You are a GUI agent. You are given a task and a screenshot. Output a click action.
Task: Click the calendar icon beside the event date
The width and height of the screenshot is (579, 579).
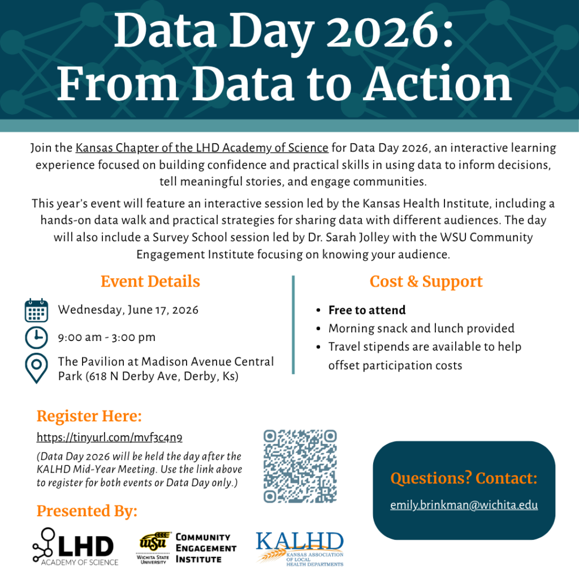(37, 310)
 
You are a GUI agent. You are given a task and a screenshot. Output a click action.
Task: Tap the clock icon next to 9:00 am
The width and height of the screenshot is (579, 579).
(37, 338)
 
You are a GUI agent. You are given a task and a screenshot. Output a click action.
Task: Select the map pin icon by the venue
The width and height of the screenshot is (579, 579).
(37, 368)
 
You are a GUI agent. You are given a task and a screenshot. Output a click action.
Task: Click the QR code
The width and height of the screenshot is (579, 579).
(300, 466)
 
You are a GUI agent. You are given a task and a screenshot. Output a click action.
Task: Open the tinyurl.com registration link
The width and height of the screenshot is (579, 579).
(109, 437)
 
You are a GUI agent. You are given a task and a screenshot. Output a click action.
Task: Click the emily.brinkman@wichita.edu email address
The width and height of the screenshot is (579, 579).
(464, 505)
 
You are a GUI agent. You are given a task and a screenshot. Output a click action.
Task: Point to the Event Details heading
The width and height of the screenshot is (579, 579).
(150, 282)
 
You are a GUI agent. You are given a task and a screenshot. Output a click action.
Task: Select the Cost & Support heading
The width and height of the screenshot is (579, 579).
(426, 282)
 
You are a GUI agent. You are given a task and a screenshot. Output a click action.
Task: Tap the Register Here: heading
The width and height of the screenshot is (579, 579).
(89, 417)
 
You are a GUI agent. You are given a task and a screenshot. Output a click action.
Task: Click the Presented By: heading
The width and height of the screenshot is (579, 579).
(87, 512)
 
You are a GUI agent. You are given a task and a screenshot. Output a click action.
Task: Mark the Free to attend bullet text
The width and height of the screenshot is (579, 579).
(367, 310)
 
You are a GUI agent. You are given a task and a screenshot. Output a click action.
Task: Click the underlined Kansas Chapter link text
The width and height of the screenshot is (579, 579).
(202, 148)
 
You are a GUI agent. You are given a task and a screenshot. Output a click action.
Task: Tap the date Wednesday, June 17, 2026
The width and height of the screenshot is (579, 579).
(128, 310)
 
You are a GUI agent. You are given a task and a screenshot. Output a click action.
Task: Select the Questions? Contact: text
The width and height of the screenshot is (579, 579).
(464, 479)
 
